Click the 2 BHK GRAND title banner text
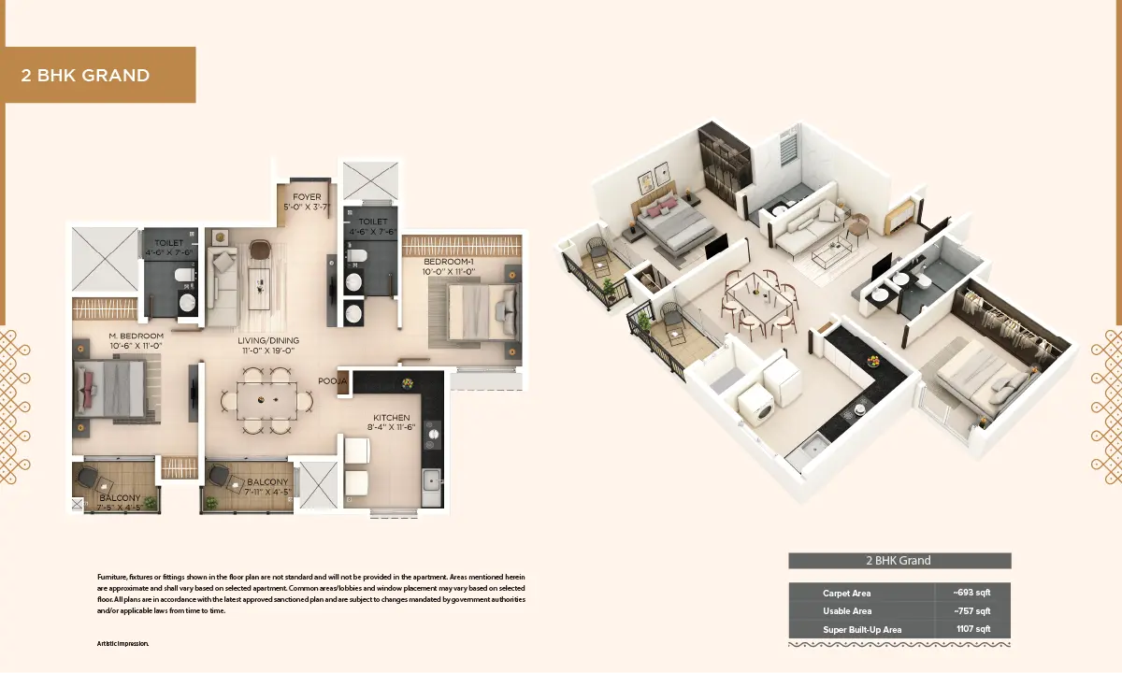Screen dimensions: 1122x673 85,75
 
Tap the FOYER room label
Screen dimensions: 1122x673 307,197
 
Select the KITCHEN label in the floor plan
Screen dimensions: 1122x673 392,418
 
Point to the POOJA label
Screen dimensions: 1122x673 333,381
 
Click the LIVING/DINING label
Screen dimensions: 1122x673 268,340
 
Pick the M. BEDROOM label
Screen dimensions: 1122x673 137,336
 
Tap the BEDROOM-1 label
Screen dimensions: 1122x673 449,262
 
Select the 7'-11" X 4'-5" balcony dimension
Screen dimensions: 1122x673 267,493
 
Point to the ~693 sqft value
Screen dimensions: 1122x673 971,593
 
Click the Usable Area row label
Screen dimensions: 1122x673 847,611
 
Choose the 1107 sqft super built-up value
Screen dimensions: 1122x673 973,629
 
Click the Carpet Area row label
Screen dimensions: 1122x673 846,594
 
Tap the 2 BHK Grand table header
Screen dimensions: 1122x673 899,560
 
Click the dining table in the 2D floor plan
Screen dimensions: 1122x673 267,401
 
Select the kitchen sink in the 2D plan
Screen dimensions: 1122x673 431,480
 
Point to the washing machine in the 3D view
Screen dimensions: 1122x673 755,407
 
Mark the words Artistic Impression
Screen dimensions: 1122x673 122,644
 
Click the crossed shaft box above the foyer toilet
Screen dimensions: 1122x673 370,180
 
